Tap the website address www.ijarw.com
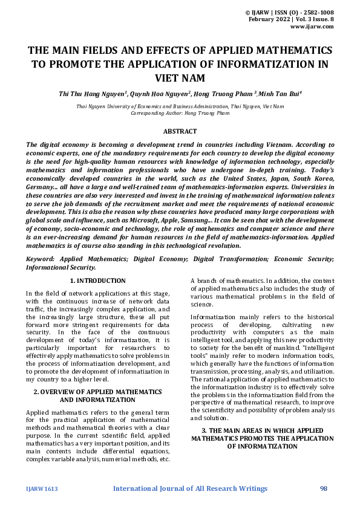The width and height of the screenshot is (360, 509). (312, 27)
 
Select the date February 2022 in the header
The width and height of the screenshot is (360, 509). (270, 19)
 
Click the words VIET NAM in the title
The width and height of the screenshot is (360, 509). (180, 78)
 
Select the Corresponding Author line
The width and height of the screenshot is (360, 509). (180, 113)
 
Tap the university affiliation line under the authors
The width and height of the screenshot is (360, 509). (180, 106)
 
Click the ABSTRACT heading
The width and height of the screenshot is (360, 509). (180, 131)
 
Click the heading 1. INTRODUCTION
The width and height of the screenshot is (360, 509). (97, 281)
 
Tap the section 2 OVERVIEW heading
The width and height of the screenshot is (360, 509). (97, 379)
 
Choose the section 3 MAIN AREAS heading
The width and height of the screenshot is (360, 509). (262, 438)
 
